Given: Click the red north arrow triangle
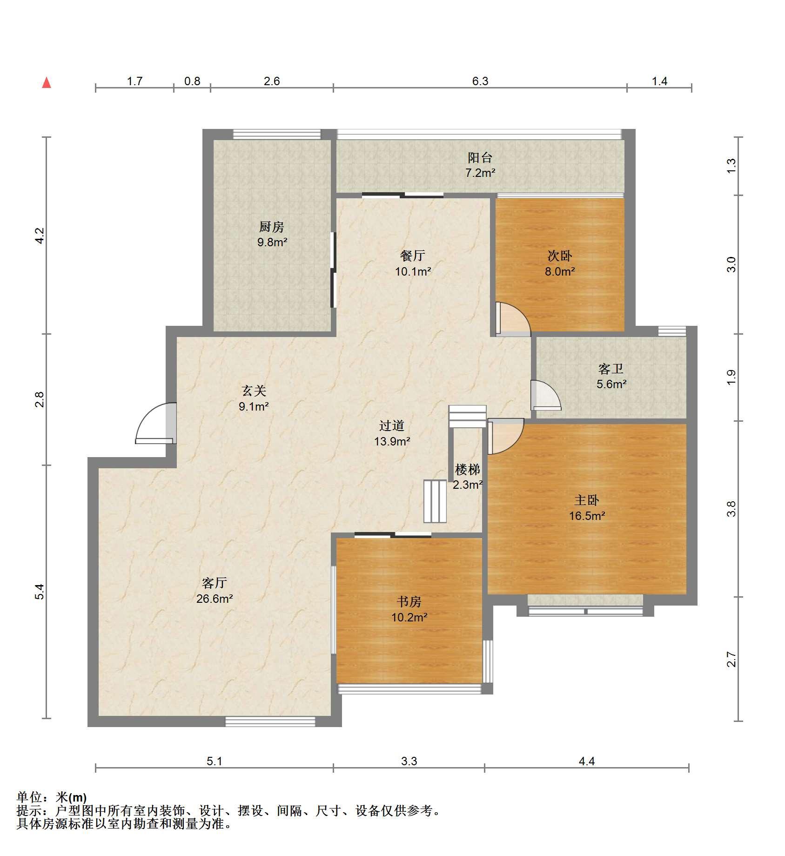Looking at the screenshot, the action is (x=47, y=83).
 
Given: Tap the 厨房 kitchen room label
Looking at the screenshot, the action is (x=272, y=227).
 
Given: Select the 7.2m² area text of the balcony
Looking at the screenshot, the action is (x=480, y=173).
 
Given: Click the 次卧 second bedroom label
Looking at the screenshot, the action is (x=560, y=256).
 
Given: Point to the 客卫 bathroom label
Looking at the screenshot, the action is (x=611, y=369).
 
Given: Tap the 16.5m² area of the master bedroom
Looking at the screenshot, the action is (x=587, y=516).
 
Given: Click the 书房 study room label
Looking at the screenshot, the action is (x=409, y=602).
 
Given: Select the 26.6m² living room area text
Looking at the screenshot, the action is (x=214, y=599).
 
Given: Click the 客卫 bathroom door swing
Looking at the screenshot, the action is (x=546, y=396).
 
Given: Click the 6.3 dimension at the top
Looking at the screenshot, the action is (x=480, y=81).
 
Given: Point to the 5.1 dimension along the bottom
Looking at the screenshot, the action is (x=215, y=761).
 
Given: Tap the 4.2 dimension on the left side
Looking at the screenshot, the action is (x=40, y=236).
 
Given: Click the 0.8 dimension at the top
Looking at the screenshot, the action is (x=192, y=81).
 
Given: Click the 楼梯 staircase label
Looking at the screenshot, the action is (x=467, y=470).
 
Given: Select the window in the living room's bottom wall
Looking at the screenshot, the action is (x=270, y=721).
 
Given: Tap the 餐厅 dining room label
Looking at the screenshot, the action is (x=413, y=256).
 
